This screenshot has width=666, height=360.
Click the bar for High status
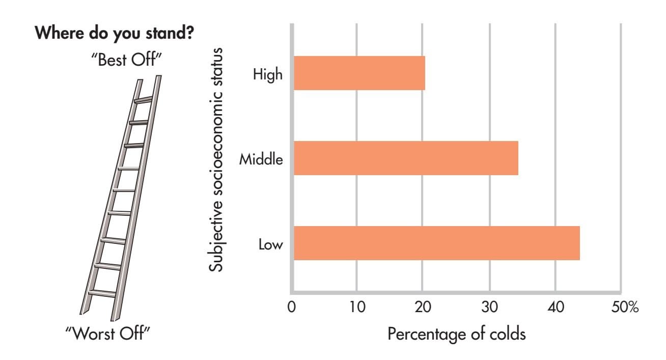click(x=359, y=73)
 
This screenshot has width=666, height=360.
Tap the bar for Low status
click(x=436, y=243)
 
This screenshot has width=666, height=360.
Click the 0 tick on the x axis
click(x=292, y=308)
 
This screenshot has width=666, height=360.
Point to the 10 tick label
click(x=357, y=308)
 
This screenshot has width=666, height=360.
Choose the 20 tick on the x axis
click(x=423, y=308)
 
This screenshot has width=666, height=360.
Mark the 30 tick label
click(x=489, y=308)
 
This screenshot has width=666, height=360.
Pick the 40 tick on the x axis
click(x=556, y=308)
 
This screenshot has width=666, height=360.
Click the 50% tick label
click(x=625, y=308)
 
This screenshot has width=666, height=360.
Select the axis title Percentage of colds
click(x=456, y=335)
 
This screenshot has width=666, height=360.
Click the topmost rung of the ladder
click(x=143, y=100)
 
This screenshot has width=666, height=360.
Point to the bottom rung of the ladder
click(x=102, y=293)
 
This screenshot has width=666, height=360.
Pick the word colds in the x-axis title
click(x=506, y=335)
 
